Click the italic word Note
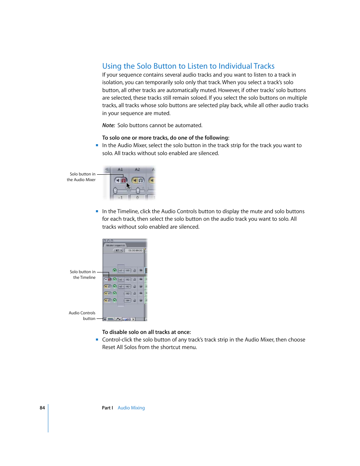108,125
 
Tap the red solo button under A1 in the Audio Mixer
123,180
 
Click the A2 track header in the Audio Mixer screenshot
137,169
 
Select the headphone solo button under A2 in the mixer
141,180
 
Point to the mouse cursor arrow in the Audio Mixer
128,185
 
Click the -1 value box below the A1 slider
120,197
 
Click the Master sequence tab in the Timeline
115,245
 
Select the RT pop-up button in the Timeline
118,251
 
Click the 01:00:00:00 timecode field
135,251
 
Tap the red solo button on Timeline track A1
109,280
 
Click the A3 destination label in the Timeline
128,294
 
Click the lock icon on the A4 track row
134,301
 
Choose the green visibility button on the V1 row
115,271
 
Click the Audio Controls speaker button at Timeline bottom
105,319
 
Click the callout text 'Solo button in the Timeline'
83,275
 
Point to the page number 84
42,408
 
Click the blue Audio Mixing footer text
131,408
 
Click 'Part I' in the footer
107,408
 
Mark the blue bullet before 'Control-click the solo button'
97,340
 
